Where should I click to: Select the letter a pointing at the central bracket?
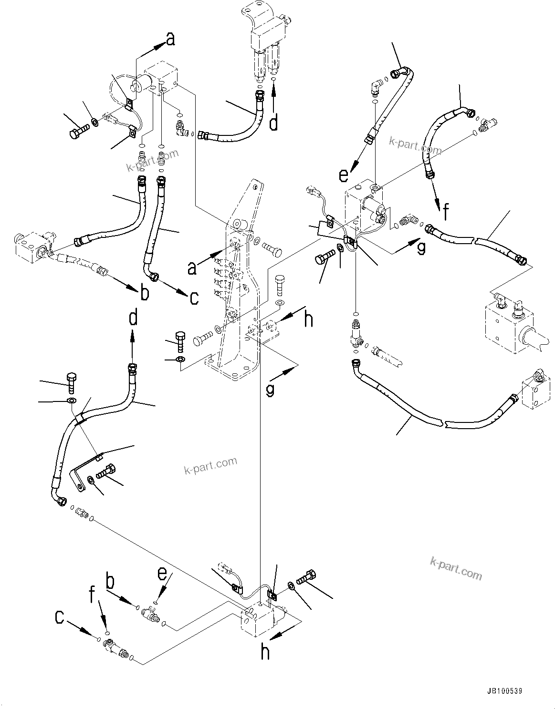[x=192, y=268]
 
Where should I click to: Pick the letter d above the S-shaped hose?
[x=134, y=317]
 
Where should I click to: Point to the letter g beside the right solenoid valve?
[x=420, y=248]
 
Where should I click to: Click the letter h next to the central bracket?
[x=309, y=319]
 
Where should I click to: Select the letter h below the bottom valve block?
[x=265, y=652]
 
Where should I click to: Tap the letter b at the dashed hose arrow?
[x=144, y=293]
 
